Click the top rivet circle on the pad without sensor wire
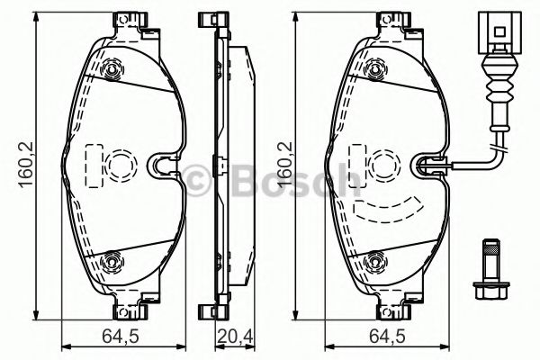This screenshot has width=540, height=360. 112,71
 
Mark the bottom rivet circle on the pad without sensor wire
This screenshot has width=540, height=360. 112,262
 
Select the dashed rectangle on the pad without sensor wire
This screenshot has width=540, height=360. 93,165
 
